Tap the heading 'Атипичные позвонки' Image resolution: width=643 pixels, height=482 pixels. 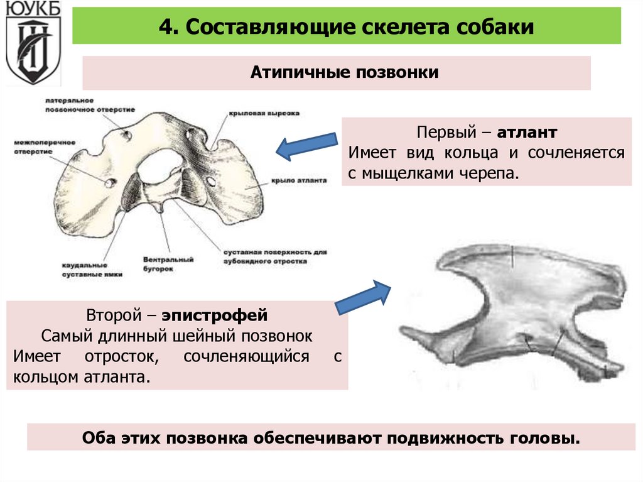pyautogui.click(x=336, y=73)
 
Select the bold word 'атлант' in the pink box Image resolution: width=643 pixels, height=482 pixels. pyautogui.click(x=527, y=133)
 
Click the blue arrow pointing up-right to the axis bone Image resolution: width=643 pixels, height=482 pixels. pyautogui.click(x=363, y=297)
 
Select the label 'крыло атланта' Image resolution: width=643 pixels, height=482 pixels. pyautogui.click(x=299, y=180)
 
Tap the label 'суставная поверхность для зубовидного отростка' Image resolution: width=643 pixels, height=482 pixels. pyautogui.click(x=276, y=256)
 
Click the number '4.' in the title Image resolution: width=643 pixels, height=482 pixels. pyautogui.click(x=167, y=28)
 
